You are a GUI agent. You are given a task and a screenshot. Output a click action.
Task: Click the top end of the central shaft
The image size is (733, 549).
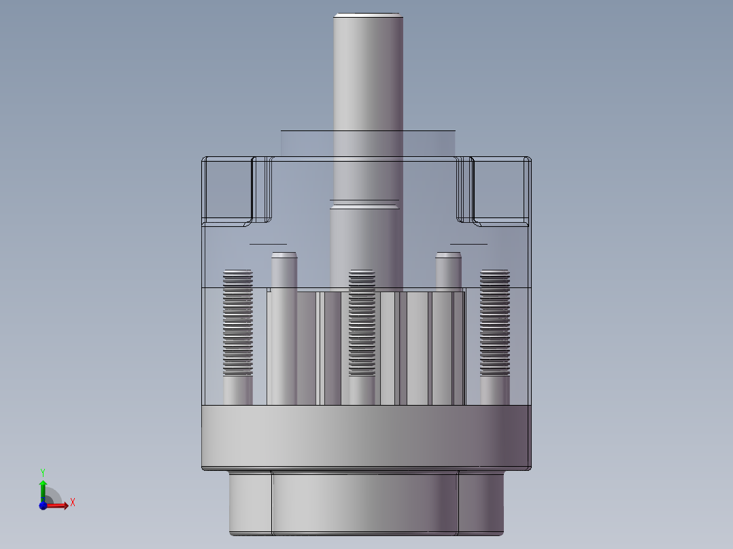pos(367,15)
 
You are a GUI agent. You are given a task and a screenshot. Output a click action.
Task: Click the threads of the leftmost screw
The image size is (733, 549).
pos(237,319)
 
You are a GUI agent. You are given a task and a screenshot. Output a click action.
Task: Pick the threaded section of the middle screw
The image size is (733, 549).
pos(362,319)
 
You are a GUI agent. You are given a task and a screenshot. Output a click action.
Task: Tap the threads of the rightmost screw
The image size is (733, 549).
pos(494,319)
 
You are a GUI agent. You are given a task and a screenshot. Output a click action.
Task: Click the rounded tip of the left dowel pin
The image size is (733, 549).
pos(284,256)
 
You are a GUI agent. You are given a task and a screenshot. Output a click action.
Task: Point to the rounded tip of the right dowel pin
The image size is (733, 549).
pos(449,256)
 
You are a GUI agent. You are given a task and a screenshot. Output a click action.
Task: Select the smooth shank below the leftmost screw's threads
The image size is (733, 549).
pos(237,390)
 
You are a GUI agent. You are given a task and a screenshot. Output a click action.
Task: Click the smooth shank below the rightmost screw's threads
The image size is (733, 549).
pos(494,390)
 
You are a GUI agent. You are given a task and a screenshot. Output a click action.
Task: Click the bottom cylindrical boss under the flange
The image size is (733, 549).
pos(367,503)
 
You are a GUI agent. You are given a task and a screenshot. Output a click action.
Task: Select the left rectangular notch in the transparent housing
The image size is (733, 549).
pos(228,190)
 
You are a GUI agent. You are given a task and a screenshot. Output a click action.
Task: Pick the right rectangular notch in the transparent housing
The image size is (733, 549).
pos(500,190)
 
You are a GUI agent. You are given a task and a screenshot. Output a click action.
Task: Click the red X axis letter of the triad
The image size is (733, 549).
pos(73,503)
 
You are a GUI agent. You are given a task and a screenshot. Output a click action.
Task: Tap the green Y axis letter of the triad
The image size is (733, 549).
pos(42,471)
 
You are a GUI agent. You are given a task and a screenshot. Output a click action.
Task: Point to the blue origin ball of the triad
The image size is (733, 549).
pos(43,505)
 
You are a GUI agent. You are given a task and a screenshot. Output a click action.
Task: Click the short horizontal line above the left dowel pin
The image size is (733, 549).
pos(268,243)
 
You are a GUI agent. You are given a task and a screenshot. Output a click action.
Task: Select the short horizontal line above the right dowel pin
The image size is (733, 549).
pos(468,243)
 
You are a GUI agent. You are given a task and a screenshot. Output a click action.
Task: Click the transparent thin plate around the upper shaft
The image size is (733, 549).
pos(306,143)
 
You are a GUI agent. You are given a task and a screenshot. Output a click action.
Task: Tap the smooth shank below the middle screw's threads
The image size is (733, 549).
pos(362,390)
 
